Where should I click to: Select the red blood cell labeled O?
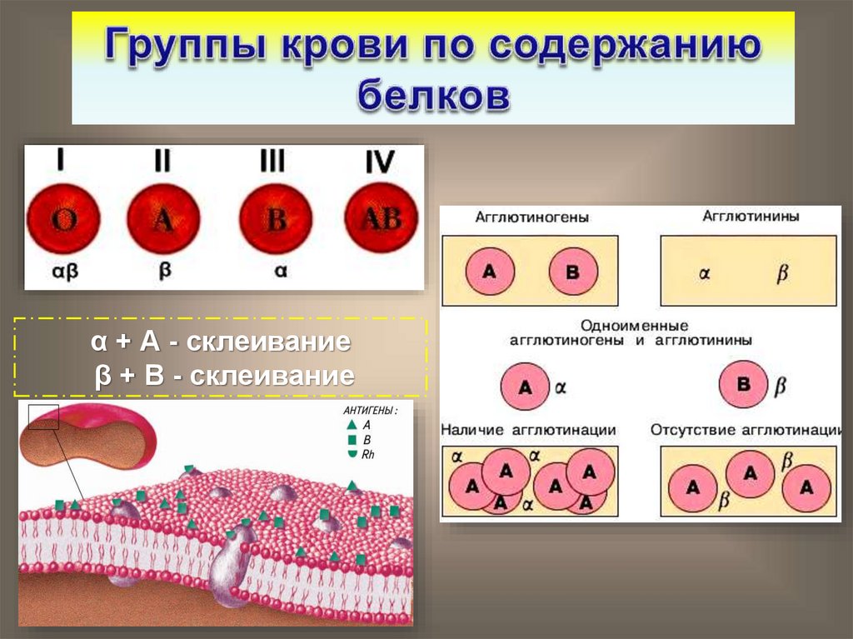click(x=63, y=221)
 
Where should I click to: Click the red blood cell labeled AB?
click(x=380, y=219)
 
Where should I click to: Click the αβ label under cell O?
click(x=63, y=271)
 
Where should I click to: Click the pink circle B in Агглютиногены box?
click(x=571, y=271)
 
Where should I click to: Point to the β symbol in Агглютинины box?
click(x=782, y=273)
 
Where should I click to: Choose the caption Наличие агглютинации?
click(x=528, y=430)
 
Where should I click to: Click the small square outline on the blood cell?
click(x=43, y=417)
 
